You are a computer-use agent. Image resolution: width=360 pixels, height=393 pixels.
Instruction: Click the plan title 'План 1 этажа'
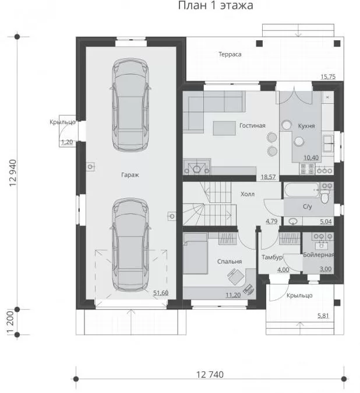click(216, 5)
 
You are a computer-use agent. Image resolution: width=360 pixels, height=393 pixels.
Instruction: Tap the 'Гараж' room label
click(130, 175)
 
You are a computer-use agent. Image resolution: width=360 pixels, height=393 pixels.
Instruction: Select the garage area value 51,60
click(161, 293)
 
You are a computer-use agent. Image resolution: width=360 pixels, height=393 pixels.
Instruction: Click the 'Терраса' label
click(230, 54)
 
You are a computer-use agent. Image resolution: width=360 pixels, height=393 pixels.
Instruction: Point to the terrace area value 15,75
click(328, 77)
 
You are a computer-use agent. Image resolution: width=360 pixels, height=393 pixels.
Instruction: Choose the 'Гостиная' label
click(252, 125)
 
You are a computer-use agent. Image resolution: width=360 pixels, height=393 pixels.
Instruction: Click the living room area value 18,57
click(268, 177)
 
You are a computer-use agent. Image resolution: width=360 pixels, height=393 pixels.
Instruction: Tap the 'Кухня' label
click(306, 126)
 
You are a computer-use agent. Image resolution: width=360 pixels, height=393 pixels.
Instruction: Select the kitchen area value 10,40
click(311, 157)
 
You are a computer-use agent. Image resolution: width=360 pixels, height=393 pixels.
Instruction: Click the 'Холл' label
click(248, 194)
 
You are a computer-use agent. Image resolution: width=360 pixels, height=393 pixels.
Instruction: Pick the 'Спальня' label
click(230, 261)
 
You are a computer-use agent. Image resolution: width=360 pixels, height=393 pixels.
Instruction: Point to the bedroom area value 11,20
click(233, 295)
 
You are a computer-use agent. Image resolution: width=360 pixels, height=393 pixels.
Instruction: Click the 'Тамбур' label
click(272, 257)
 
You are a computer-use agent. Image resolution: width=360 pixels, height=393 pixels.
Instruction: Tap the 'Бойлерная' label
click(319, 255)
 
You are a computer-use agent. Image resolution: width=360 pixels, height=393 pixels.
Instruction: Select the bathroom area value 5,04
click(326, 222)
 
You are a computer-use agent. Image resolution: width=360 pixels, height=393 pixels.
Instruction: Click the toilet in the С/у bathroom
click(324, 196)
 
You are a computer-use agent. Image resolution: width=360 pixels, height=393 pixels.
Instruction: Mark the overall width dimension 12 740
click(210, 374)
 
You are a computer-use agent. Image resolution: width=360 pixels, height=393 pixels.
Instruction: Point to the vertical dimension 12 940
click(13, 173)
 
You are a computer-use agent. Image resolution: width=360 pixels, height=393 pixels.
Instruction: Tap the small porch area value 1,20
click(67, 142)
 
